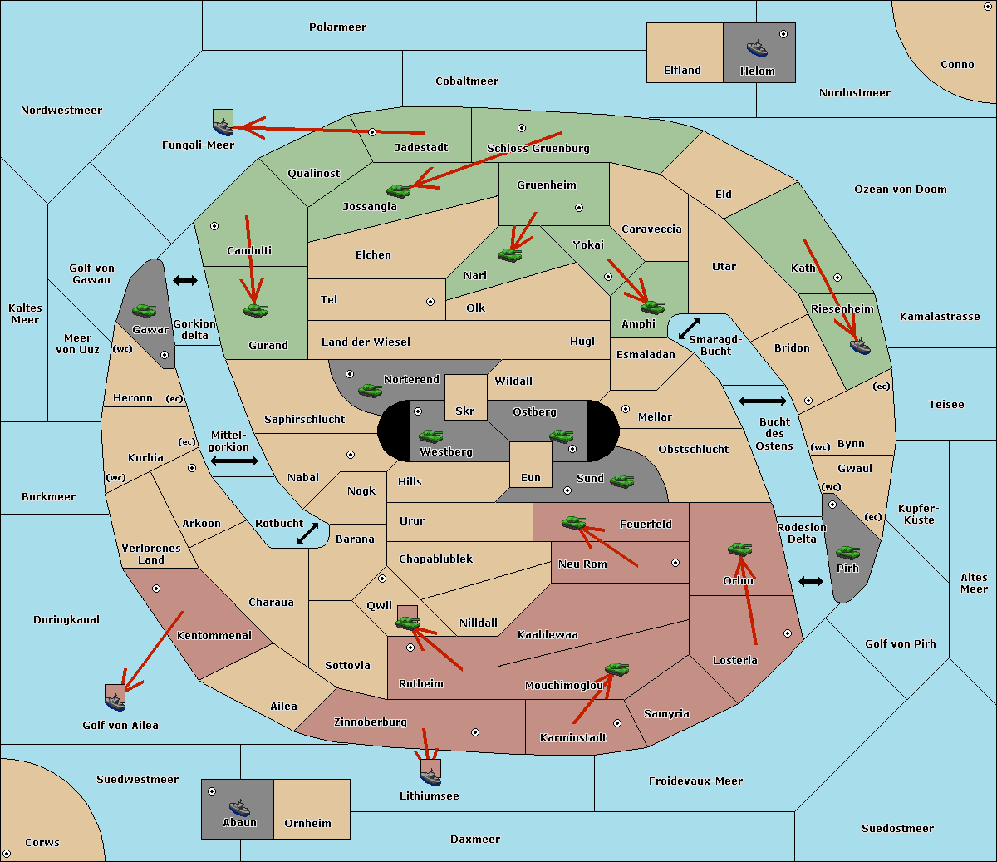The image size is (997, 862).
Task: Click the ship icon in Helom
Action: [x=757, y=48]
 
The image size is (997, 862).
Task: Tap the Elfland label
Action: [x=682, y=71]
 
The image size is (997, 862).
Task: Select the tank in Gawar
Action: [x=145, y=311]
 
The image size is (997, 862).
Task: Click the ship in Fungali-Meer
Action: [x=223, y=126]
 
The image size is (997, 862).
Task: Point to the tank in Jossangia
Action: [x=399, y=191]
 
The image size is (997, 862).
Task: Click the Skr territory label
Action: [x=465, y=411]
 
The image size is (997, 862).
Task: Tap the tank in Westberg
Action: [x=430, y=436]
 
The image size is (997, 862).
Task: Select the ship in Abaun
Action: [x=239, y=807]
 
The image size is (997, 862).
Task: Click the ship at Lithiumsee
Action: [x=430, y=776]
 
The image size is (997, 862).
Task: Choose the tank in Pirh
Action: [x=847, y=553]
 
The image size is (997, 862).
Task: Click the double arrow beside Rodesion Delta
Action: [x=811, y=581]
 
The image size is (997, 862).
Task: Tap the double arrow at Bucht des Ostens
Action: [x=762, y=401]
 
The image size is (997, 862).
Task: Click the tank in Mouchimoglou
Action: [x=616, y=668]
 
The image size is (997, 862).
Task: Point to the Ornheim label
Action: [x=307, y=824]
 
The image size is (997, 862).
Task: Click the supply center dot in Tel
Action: [x=430, y=302]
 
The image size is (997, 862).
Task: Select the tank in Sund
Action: [x=622, y=480]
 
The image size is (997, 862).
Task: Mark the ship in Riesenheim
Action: [x=860, y=346]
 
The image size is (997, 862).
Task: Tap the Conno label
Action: [x=957, y=65]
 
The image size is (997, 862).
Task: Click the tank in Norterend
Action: [x=371, y=390]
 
